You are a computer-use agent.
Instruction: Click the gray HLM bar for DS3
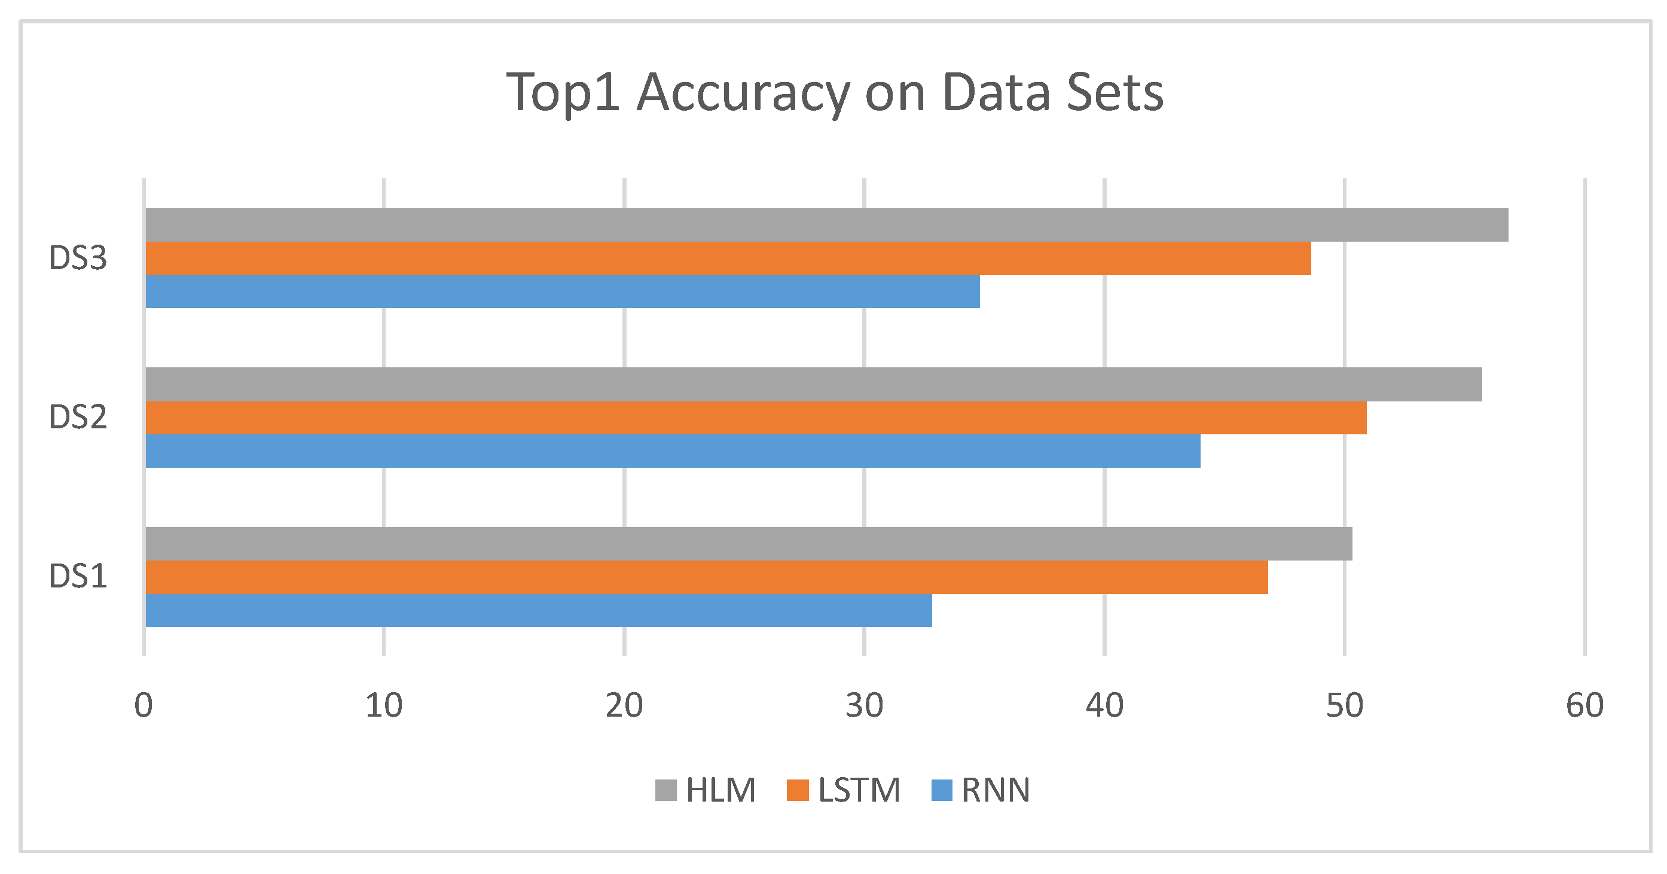coord(826,225)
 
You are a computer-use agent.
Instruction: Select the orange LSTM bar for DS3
coord(728,258)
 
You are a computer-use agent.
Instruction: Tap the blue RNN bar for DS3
coord(563,291)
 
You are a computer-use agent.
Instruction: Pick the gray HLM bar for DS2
coord(813,384)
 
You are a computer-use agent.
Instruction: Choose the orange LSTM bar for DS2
coord(756,418)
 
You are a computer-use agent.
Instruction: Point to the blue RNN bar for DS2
coord(673,450)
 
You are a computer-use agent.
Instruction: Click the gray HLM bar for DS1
coord(749,543)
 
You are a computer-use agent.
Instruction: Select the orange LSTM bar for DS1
coord(707,577)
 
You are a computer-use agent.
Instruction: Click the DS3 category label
coord(78,258)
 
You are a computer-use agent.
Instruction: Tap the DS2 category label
coord(78,418)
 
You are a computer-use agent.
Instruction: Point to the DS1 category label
coord(78,577)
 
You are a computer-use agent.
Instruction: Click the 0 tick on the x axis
coord(144,706)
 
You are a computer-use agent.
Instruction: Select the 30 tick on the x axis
coord(864,706)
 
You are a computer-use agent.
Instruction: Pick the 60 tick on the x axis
coord(1585,706)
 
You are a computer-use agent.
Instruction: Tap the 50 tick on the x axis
coord(1345,706)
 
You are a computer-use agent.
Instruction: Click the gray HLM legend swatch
coord(666,790)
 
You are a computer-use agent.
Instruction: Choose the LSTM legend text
coord(859,790)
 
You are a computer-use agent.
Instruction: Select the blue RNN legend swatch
coord(942,790)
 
